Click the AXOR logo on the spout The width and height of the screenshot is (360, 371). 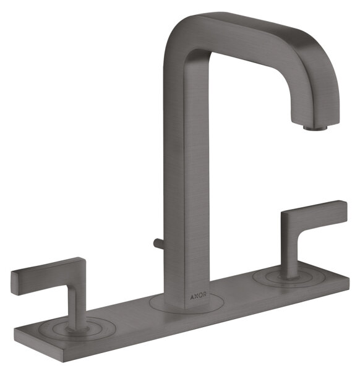coord(199,296)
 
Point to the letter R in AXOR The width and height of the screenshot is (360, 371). coord(205,295)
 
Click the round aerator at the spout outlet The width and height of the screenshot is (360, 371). coord(315,127)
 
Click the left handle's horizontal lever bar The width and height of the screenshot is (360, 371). coord(48,275)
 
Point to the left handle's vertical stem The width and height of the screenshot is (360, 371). coord(75,307)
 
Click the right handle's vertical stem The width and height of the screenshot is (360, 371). coord(289,255)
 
